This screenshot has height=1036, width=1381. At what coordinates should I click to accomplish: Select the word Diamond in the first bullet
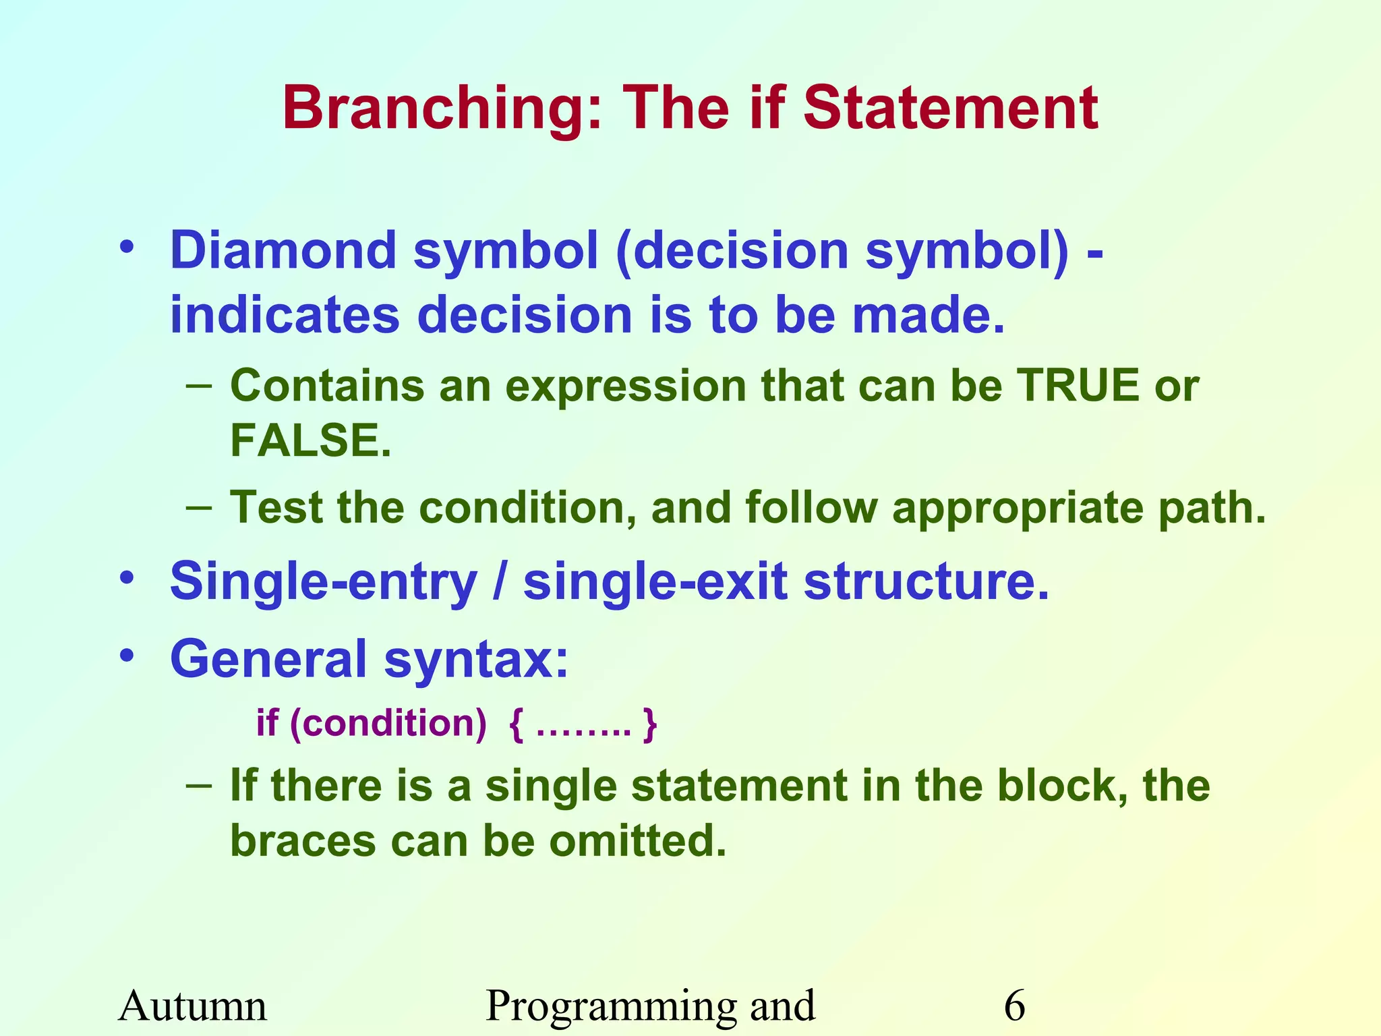click(x=283, y=251)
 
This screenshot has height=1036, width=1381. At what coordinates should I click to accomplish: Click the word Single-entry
click(x=323, y=581)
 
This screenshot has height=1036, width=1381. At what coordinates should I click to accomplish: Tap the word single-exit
click(x=655, y=581)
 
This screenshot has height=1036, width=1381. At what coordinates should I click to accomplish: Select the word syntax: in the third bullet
click(x=476, y=660)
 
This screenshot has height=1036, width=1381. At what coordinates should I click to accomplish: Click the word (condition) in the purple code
click(x=388, y=724)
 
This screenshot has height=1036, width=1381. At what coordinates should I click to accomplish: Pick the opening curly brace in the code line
click(x=516, y=724)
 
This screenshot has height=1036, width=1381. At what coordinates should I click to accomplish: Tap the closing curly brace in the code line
click(x=649, y=724)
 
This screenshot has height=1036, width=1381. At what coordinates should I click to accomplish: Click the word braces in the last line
click(x=302, y=842)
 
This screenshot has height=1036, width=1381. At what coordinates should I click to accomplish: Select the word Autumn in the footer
click(x=193, y=1006)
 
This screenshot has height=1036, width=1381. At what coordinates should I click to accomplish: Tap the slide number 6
click(x=1014, y=1006)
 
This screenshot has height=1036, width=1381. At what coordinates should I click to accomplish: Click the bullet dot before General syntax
click(x=127, y=656)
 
